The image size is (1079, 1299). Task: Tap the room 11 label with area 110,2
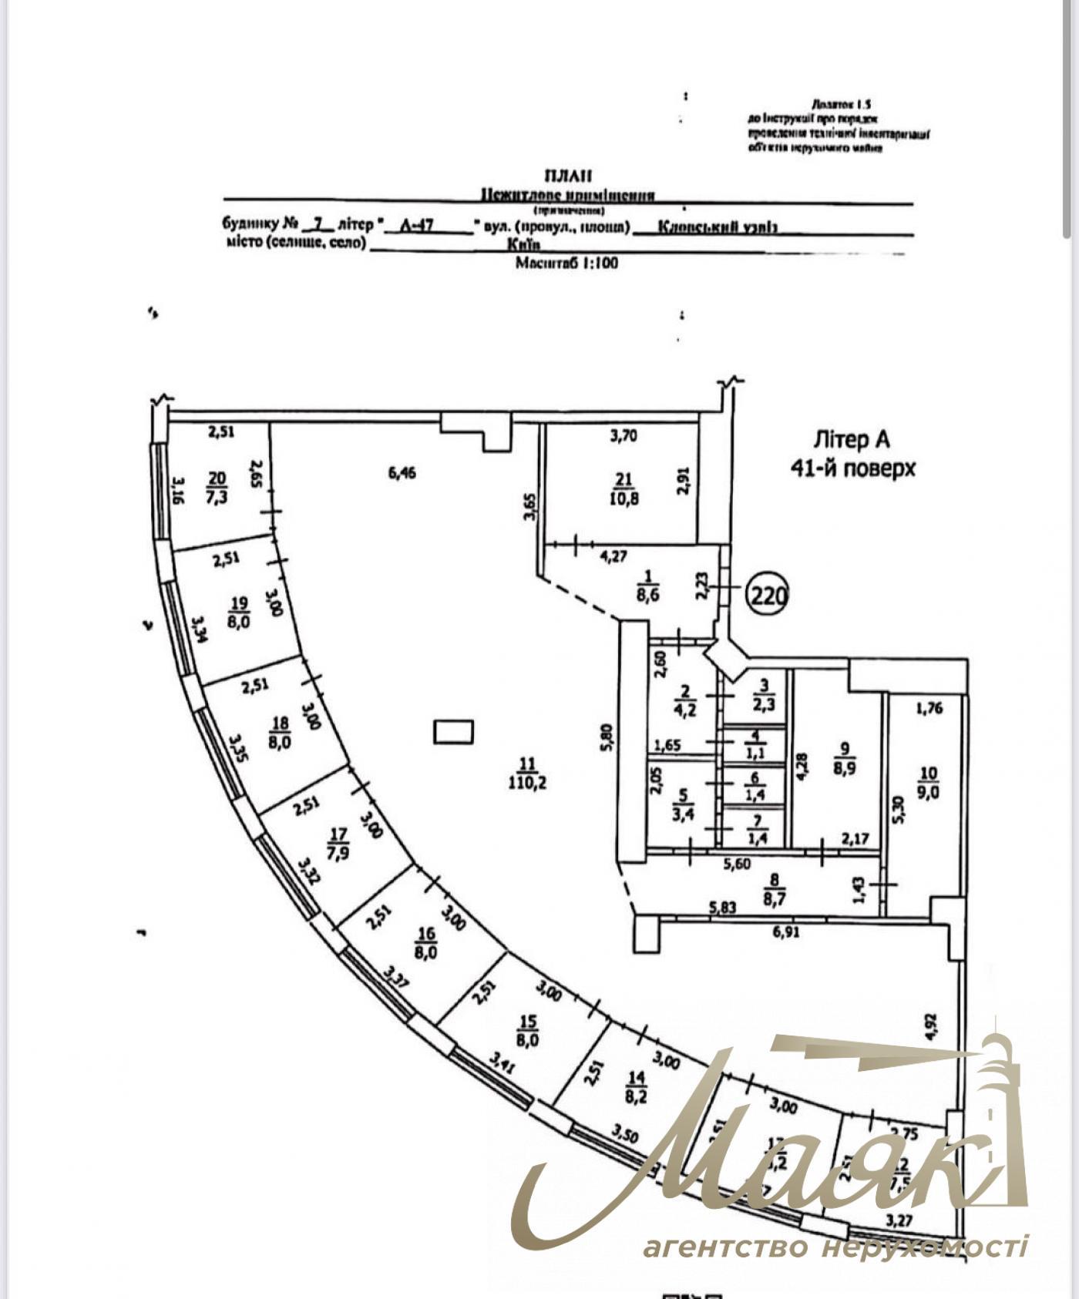(527, 774)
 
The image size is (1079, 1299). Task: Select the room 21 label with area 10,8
(624, 489)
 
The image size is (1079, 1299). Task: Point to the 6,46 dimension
(402, 472)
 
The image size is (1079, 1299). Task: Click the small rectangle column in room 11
(453, 731)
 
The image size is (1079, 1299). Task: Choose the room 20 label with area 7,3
(217, 488)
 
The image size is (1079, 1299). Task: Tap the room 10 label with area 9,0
(929, 783)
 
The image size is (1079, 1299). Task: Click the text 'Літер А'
(852, 439)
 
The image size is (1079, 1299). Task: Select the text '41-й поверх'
(852, 468)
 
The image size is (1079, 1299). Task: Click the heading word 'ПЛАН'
(568, 176)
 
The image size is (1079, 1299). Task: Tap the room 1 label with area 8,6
(647, 585)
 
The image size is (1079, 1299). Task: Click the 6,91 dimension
(785, 932)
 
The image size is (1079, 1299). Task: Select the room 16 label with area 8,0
(425, 942)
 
